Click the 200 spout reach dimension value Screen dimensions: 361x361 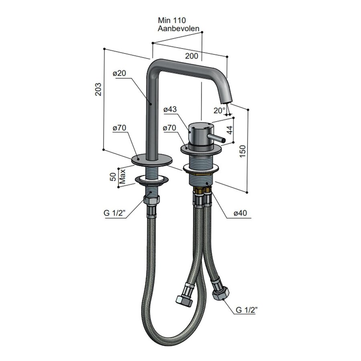tap(191, 56)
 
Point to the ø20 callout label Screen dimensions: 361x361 tap(120, 73)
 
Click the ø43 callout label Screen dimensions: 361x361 tap(170, 109)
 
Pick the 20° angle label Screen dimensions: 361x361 tap(219, 110)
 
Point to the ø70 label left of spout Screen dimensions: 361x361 tap(120, 128)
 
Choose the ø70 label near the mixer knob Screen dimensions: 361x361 tap(170, 128)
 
